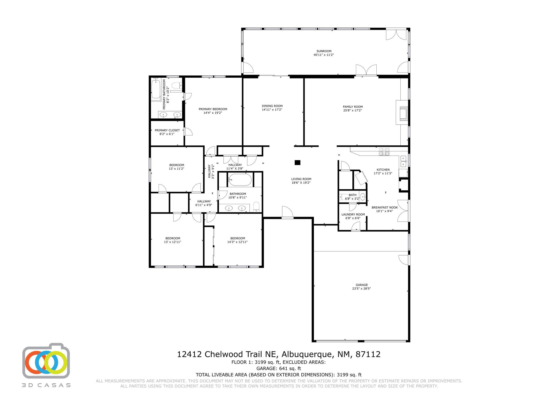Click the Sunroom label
324,51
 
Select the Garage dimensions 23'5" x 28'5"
361,288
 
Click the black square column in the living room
297,163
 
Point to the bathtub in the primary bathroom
156,89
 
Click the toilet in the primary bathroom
177,86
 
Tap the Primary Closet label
167,130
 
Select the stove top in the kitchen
384,152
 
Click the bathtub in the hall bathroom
239,180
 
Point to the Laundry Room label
353,215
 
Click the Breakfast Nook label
385,207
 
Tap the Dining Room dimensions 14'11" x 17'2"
272,110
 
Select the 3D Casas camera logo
46,361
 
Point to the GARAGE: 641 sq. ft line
278,368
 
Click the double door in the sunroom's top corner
396,34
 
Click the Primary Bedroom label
213,109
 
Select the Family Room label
353,107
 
